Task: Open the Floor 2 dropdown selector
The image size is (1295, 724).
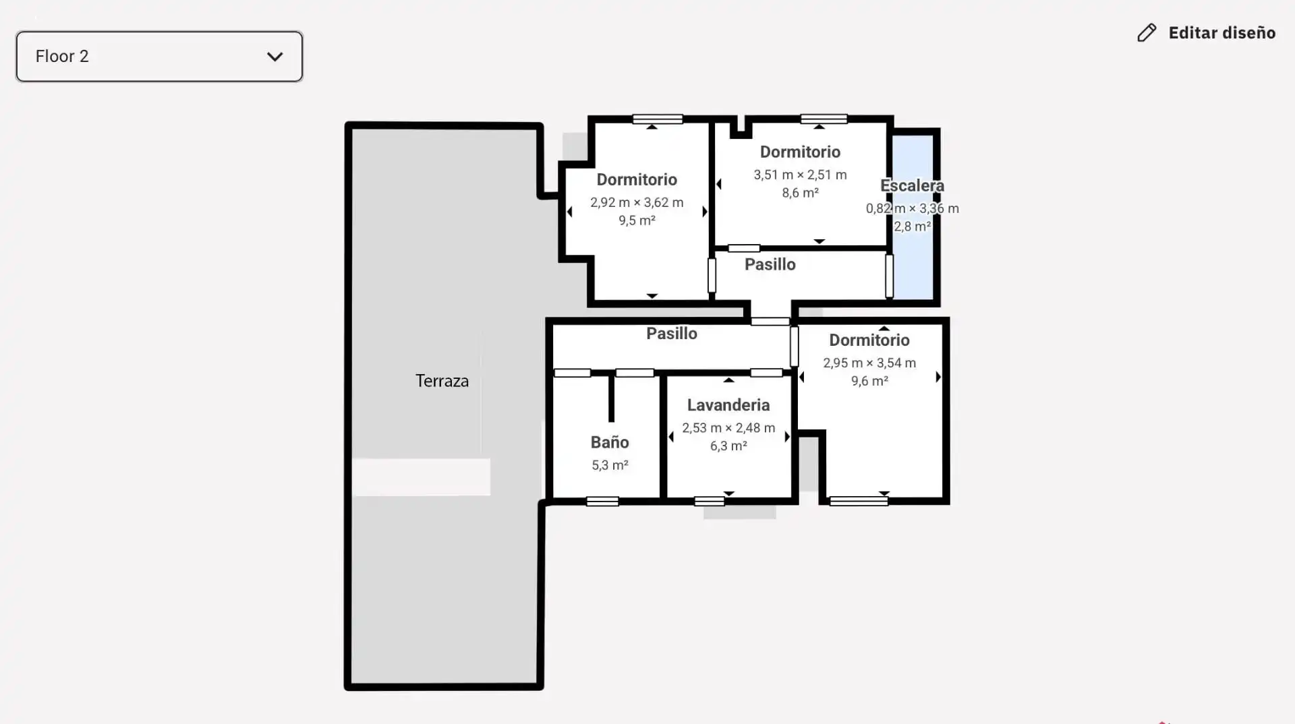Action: pos(159,57)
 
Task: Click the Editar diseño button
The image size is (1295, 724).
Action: pos(1206,33)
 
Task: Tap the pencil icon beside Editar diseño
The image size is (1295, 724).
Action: pos(1147,33)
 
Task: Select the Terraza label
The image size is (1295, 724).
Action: pos(442,381)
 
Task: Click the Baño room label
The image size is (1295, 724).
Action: pos(610,442)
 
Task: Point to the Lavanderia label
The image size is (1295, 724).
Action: pos(728,405)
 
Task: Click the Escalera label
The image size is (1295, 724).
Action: pos(912,185)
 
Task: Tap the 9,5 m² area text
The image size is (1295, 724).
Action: pos(637,220)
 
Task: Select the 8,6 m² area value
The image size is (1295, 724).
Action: pos(800,193)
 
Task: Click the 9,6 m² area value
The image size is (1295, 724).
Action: pos(869,381)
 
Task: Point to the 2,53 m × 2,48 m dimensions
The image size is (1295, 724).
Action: pos(728,428)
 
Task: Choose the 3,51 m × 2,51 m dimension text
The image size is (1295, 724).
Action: pos(800,175)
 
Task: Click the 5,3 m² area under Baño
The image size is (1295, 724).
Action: pos(610,465)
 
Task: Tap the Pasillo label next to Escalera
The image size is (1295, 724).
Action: pos(770,264)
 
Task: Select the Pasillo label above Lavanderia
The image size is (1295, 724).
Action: pos(672,333)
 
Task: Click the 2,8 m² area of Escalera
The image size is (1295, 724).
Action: pos(912,227)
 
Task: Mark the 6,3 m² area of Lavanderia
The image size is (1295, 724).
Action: pos(728,446)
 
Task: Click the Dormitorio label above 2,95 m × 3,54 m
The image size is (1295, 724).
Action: pos(869,340)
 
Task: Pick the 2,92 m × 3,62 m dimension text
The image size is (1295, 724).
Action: pos(637,202)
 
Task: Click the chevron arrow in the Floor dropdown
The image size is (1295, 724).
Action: pos(275,57)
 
